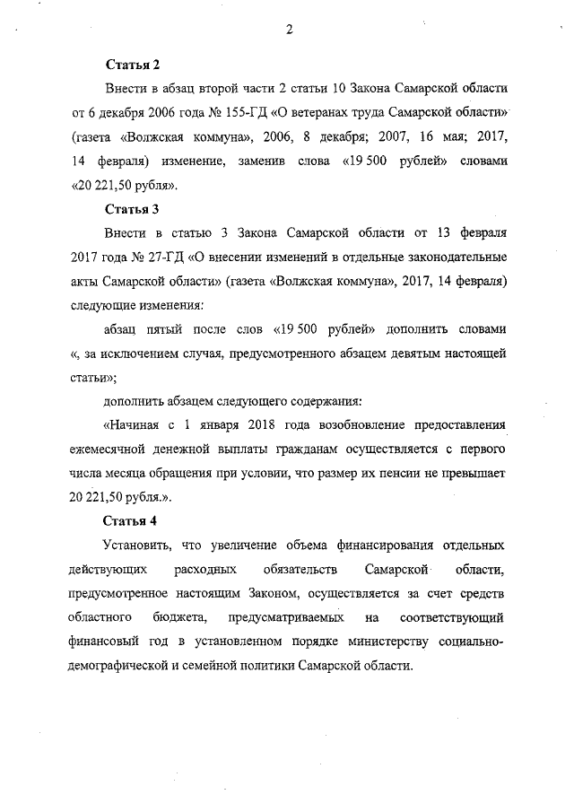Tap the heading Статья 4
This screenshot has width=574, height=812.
coord(132,520)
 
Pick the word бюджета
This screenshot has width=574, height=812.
coord(180,618)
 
